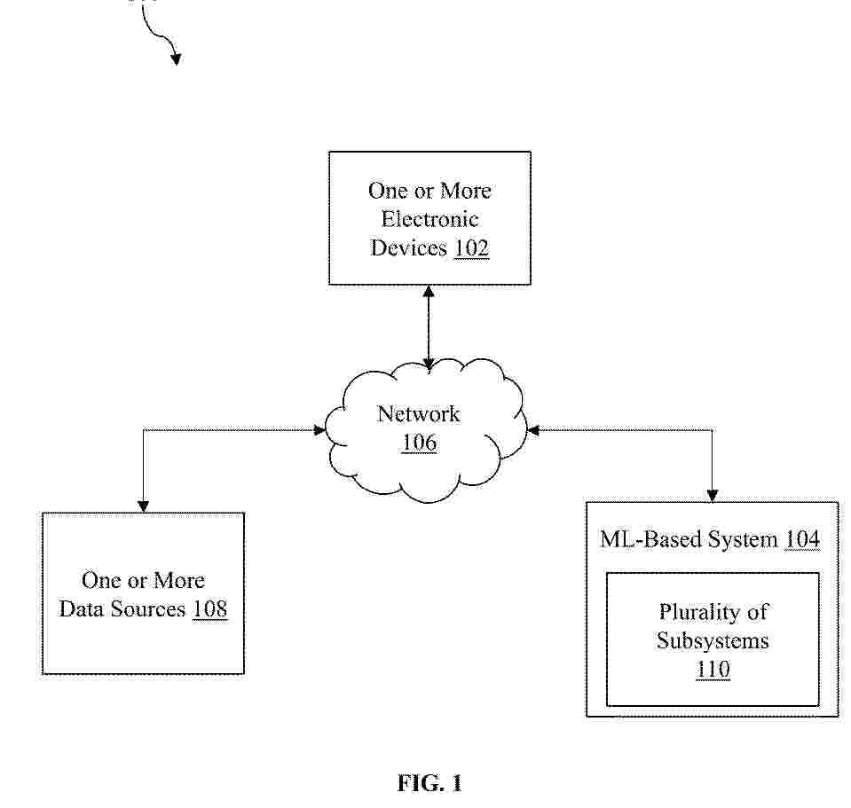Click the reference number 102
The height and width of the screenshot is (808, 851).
click(471, 247)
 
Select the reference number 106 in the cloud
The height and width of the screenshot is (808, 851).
click(420, 443)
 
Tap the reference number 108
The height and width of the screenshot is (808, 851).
click(210, 608)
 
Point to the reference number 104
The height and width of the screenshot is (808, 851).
click(803, 539)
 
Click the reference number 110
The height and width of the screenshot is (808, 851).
click(713, 669)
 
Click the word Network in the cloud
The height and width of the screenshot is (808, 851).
click(419, 414)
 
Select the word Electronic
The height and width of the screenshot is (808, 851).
click(429, 219)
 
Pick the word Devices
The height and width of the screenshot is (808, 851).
click(409, 247)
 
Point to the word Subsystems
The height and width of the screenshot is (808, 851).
click(713, 641)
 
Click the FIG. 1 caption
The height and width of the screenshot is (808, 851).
click(429, 783)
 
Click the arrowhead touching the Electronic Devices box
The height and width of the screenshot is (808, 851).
click(429, 291)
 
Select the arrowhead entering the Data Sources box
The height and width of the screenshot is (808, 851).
click(143, 506)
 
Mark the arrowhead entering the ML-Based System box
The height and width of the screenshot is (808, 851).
click(713, 496)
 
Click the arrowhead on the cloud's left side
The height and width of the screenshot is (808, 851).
click(319, 430)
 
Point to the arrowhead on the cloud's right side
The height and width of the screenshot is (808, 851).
click(533, 430)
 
